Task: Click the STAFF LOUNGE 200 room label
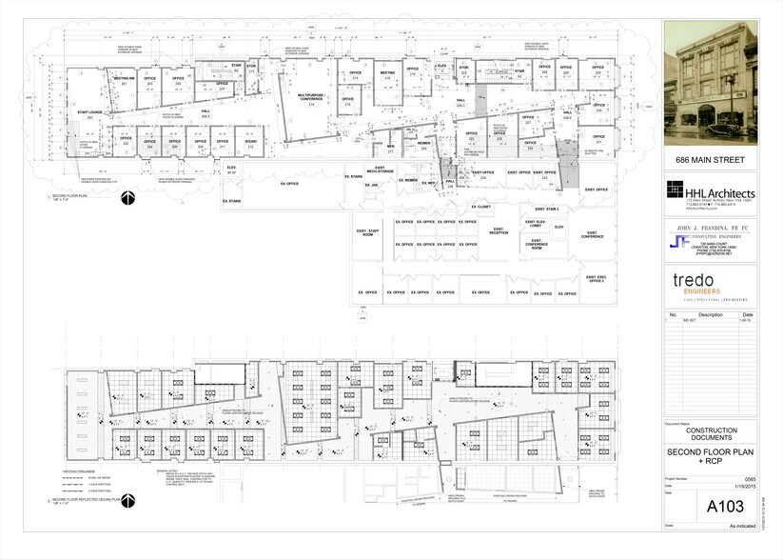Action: [90, 113]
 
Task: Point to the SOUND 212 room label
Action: [250, 144]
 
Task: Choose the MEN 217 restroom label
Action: [390, 149]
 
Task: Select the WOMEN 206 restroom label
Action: [424, 146]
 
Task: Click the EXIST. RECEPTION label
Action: [499, 230]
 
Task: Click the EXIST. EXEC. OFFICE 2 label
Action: [596, 278]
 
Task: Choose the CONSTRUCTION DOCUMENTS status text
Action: [711, 433]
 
